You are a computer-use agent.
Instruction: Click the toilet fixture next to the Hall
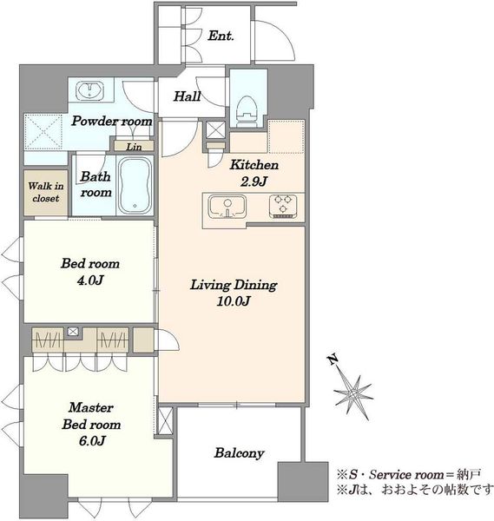[248, 111]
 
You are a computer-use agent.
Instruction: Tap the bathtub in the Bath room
[135, 186]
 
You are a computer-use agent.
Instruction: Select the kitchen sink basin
[227, 207]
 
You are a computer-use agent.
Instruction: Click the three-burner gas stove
[283, 207]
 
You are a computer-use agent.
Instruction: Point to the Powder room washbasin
[89, 90]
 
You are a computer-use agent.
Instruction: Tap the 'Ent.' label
[221, 36]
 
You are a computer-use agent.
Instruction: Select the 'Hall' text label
[187, 96]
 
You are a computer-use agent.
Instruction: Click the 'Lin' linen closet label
[134, 147]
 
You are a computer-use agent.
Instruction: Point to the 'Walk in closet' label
[46, 192]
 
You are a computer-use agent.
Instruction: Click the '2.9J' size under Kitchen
[254, 181]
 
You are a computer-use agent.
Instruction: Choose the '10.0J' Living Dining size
[234, 301]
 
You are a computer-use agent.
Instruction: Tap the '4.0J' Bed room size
[90, 280]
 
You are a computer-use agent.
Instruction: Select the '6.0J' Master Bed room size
[92, 440]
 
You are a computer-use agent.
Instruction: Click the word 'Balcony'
[240, 453]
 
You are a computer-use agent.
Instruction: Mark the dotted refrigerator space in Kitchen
[287, 136]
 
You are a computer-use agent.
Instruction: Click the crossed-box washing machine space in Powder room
[44, 132]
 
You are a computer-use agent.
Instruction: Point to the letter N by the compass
[333, 359]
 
